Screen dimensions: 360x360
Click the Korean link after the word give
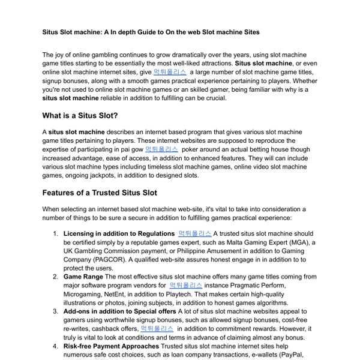click(170, 71)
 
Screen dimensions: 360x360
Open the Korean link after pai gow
click(161, 148)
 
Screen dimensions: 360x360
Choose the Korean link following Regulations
click(194, 233)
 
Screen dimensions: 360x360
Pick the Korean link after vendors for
click(185, 285)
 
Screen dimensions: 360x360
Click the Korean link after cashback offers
click(157, 329)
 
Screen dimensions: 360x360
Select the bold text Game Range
click(83, 277)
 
